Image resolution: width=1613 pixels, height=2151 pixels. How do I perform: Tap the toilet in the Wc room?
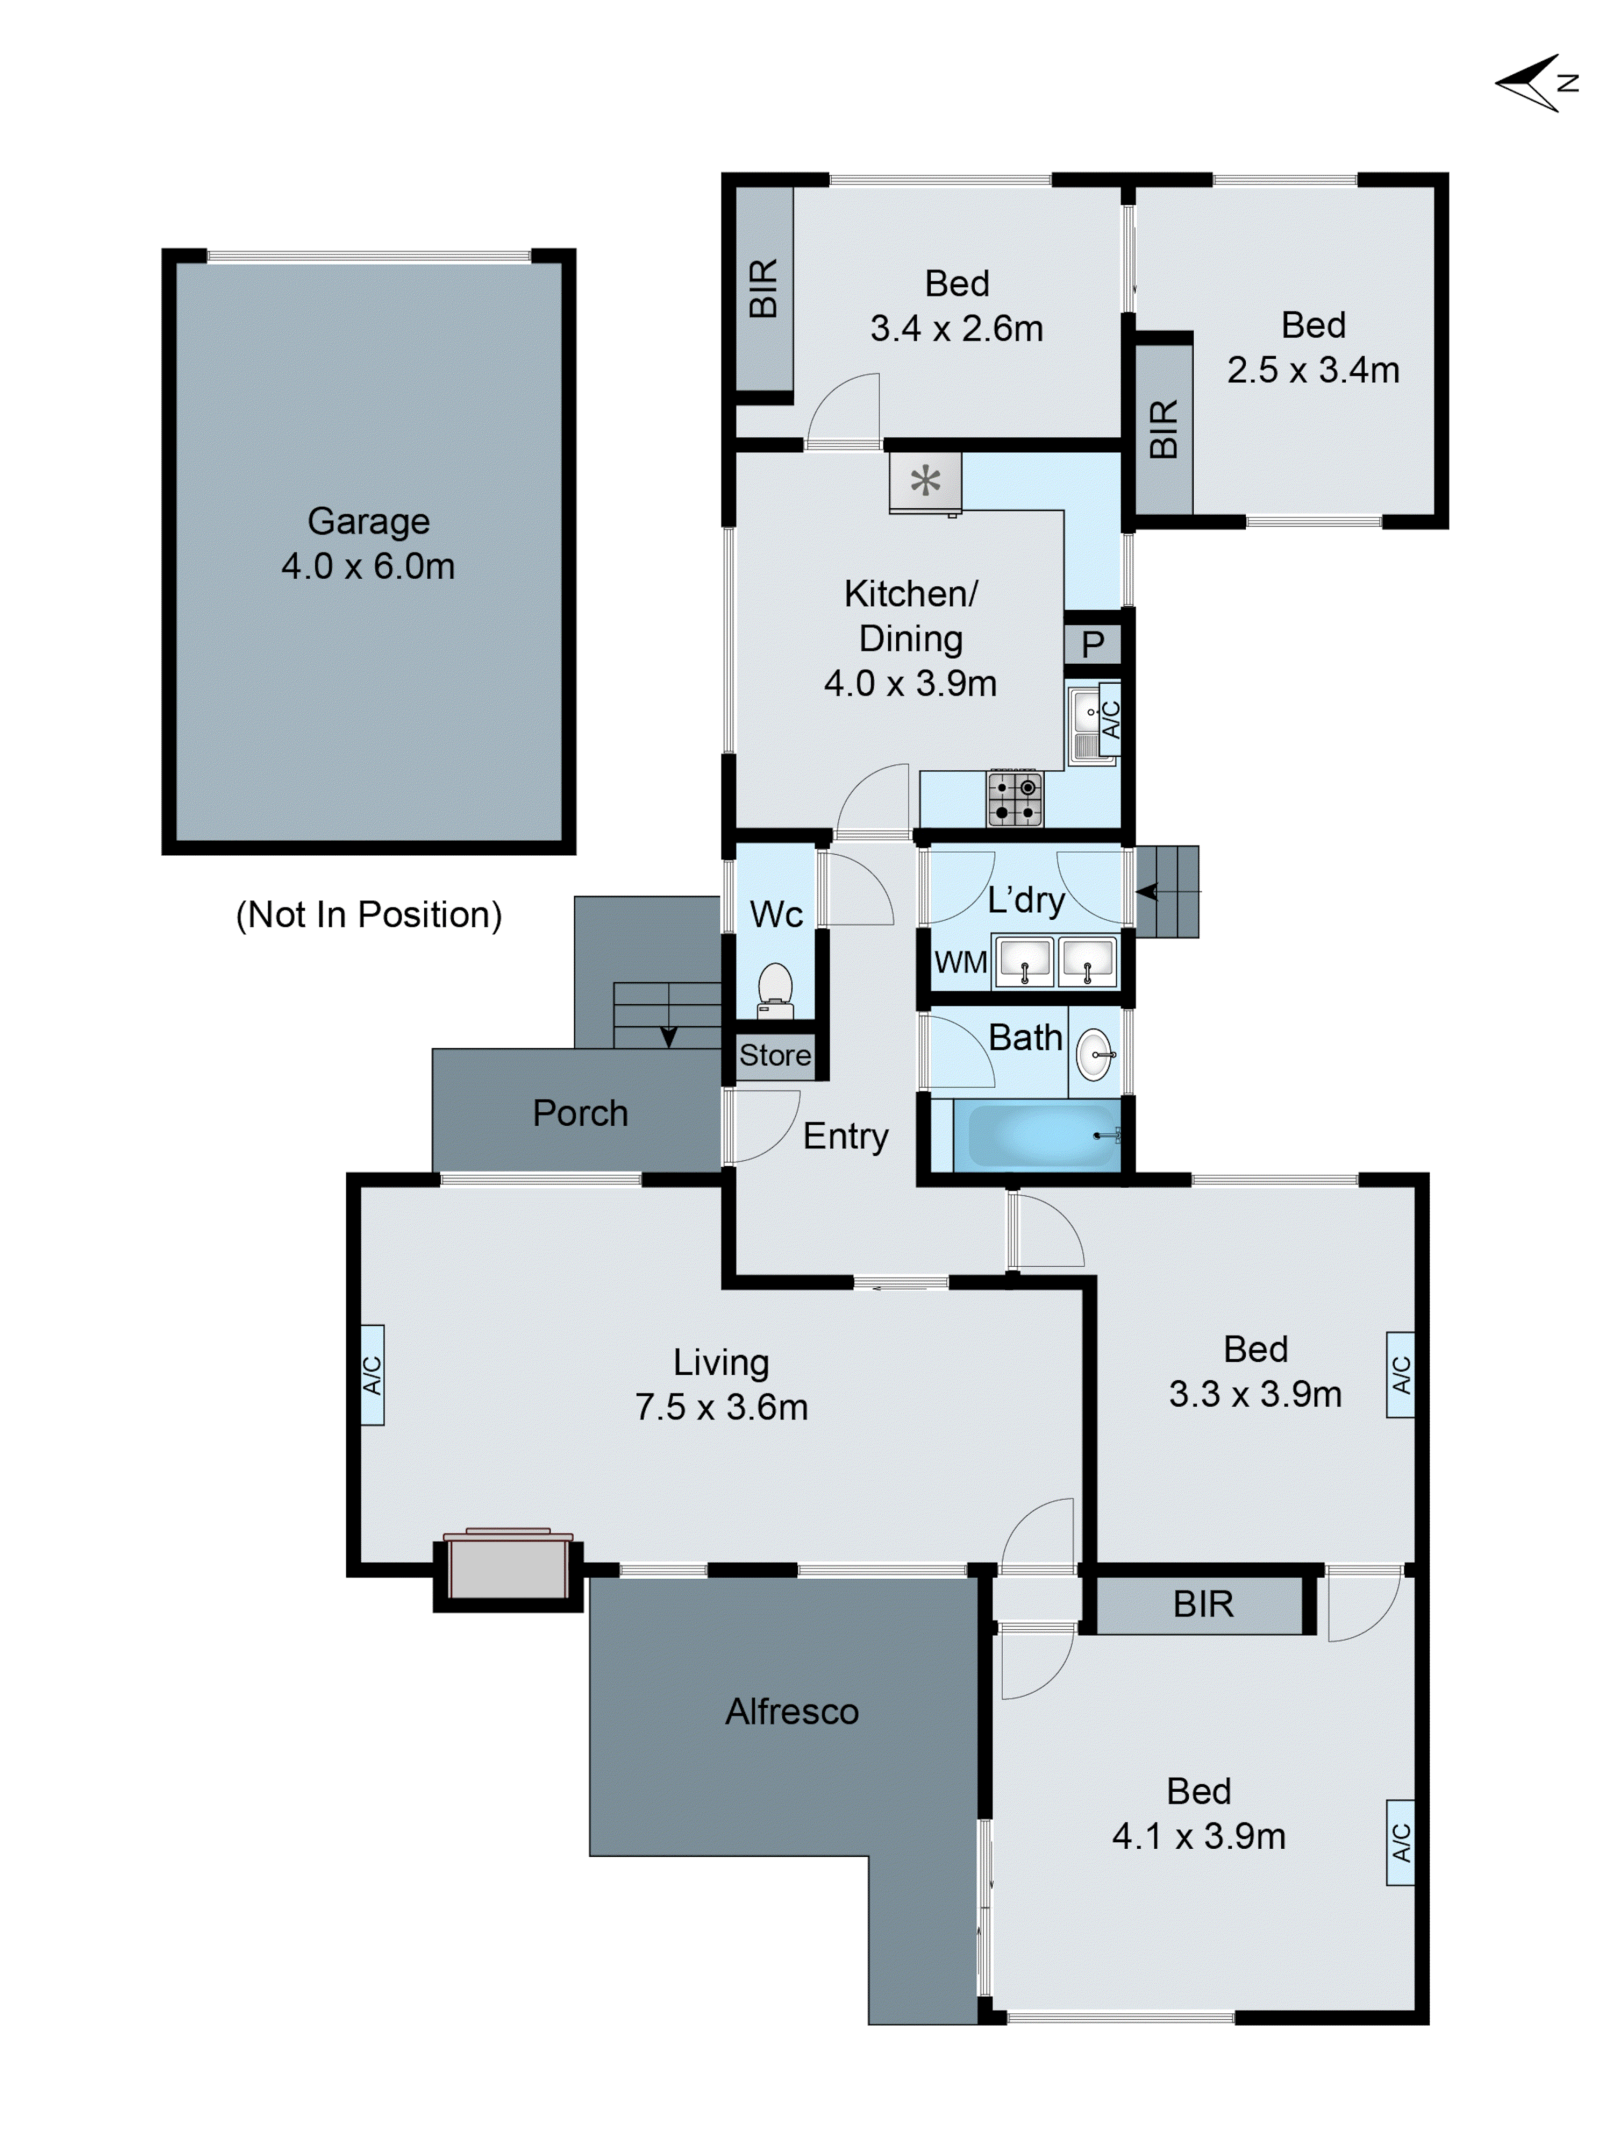coord(775,987)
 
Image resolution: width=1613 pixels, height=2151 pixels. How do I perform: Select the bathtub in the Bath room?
coord(1037,1135)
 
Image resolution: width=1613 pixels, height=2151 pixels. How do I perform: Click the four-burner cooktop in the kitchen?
coord(1014,798)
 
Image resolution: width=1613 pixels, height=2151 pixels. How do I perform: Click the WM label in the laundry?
coord(961,963)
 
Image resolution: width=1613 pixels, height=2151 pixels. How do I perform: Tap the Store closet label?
coord(775,1055)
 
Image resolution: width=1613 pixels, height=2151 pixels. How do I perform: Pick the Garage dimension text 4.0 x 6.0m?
coord(368,566)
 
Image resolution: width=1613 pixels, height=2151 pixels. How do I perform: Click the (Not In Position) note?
coord(368,915)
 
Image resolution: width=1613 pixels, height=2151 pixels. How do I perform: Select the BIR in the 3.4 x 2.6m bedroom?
coord(763,289)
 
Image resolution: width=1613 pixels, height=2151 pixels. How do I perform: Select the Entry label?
coord(845,1136)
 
